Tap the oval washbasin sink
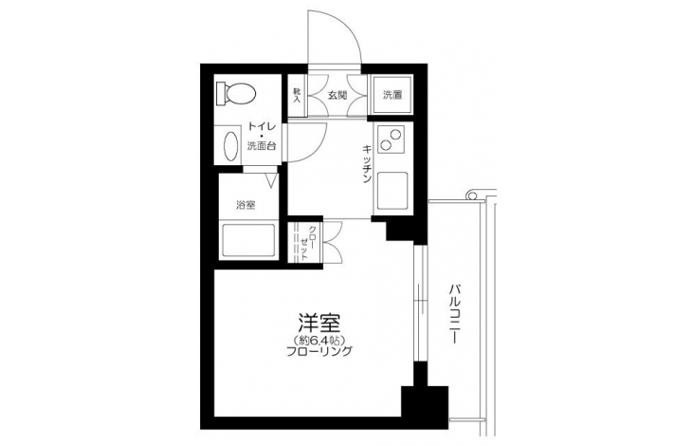(230, 146)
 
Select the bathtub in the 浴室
(248, 240)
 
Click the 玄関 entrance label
(337, 95)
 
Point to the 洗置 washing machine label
(392, 95)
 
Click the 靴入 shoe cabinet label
(297, 95)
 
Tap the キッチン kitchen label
(366, 163)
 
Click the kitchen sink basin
(392, 191)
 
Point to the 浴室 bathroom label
(246, 204)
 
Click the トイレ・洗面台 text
(262, 136)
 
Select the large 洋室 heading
(319, 323)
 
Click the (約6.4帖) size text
(319, 340)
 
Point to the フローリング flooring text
(319, 351)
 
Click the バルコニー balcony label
(454, 314)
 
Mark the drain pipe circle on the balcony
(471, 195)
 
